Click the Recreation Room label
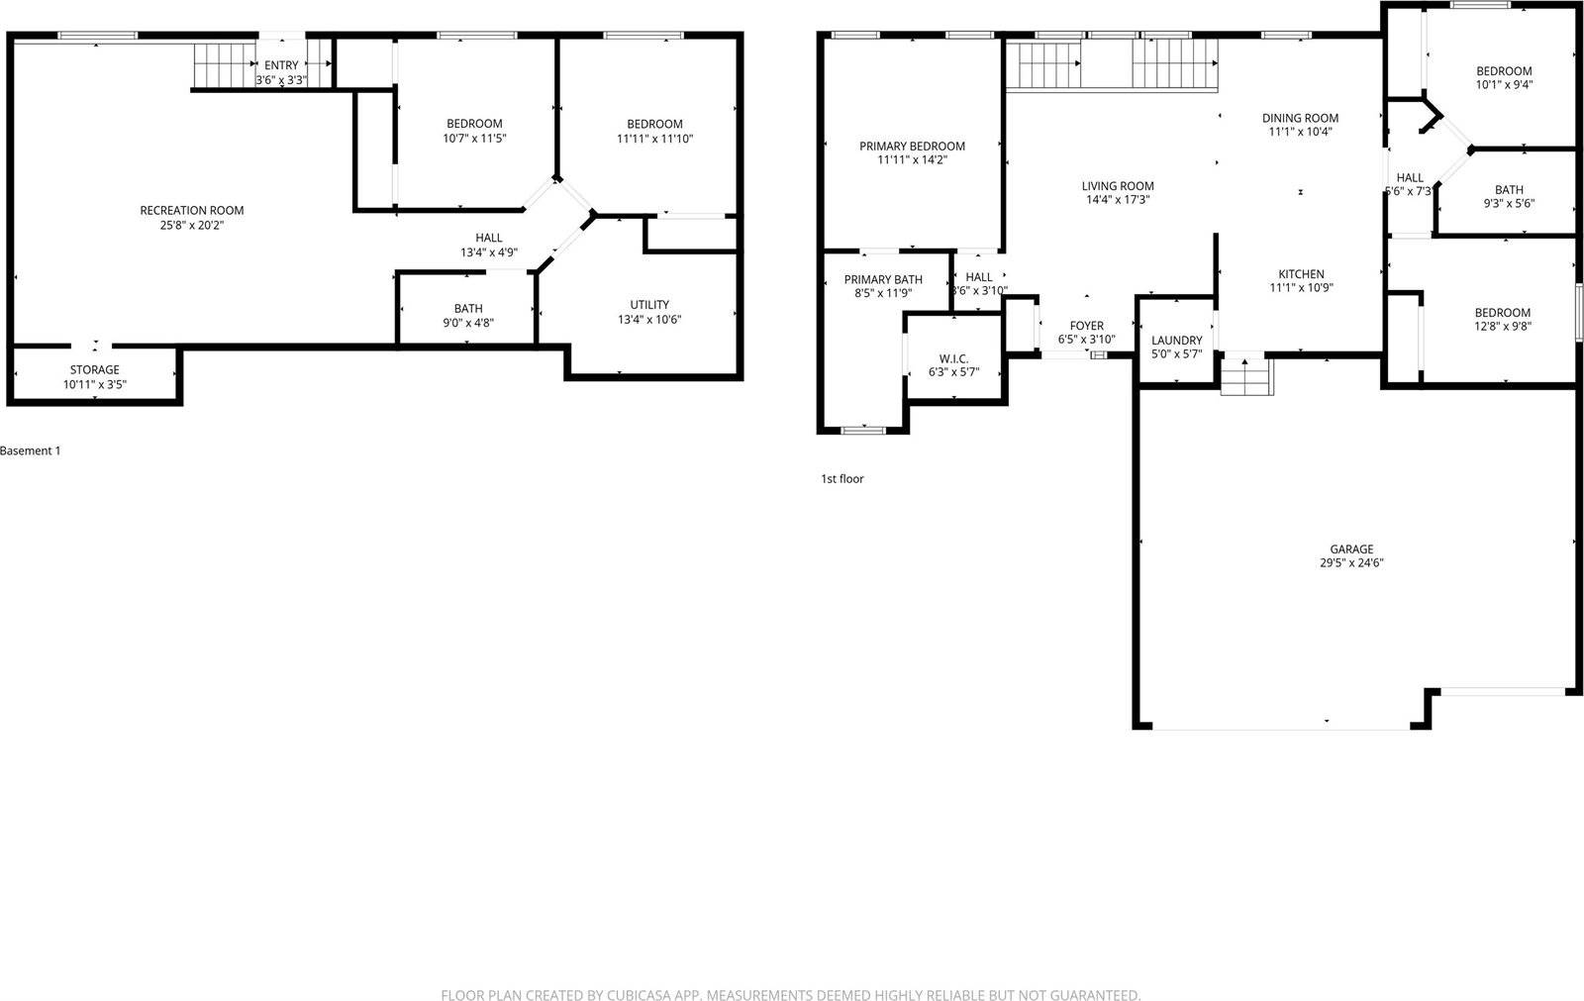tap(191, 210)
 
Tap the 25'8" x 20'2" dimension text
tap(191, 225)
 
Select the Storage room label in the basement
tap(94, 369)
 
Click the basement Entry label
tap(281, 65)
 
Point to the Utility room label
tap(649, 304)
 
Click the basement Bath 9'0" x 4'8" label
tap(468, 308)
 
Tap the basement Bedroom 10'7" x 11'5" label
tap(474, 124)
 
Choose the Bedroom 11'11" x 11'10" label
tap(654, 124)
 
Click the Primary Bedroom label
tap(912, 146)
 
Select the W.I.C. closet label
tap(953, 358)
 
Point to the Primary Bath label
tap(883, 279)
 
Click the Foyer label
tap(1086, 326)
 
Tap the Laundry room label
tap(1176, 340)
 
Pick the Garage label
tap(1351, 549)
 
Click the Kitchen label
tap(1301, 274)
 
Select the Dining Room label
tap(1300, 118)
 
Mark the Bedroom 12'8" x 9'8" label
tap(1502, 312)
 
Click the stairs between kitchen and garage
tap(1245, 376)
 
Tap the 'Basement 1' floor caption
tap(31, 450)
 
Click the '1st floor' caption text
tap(841, 478)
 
